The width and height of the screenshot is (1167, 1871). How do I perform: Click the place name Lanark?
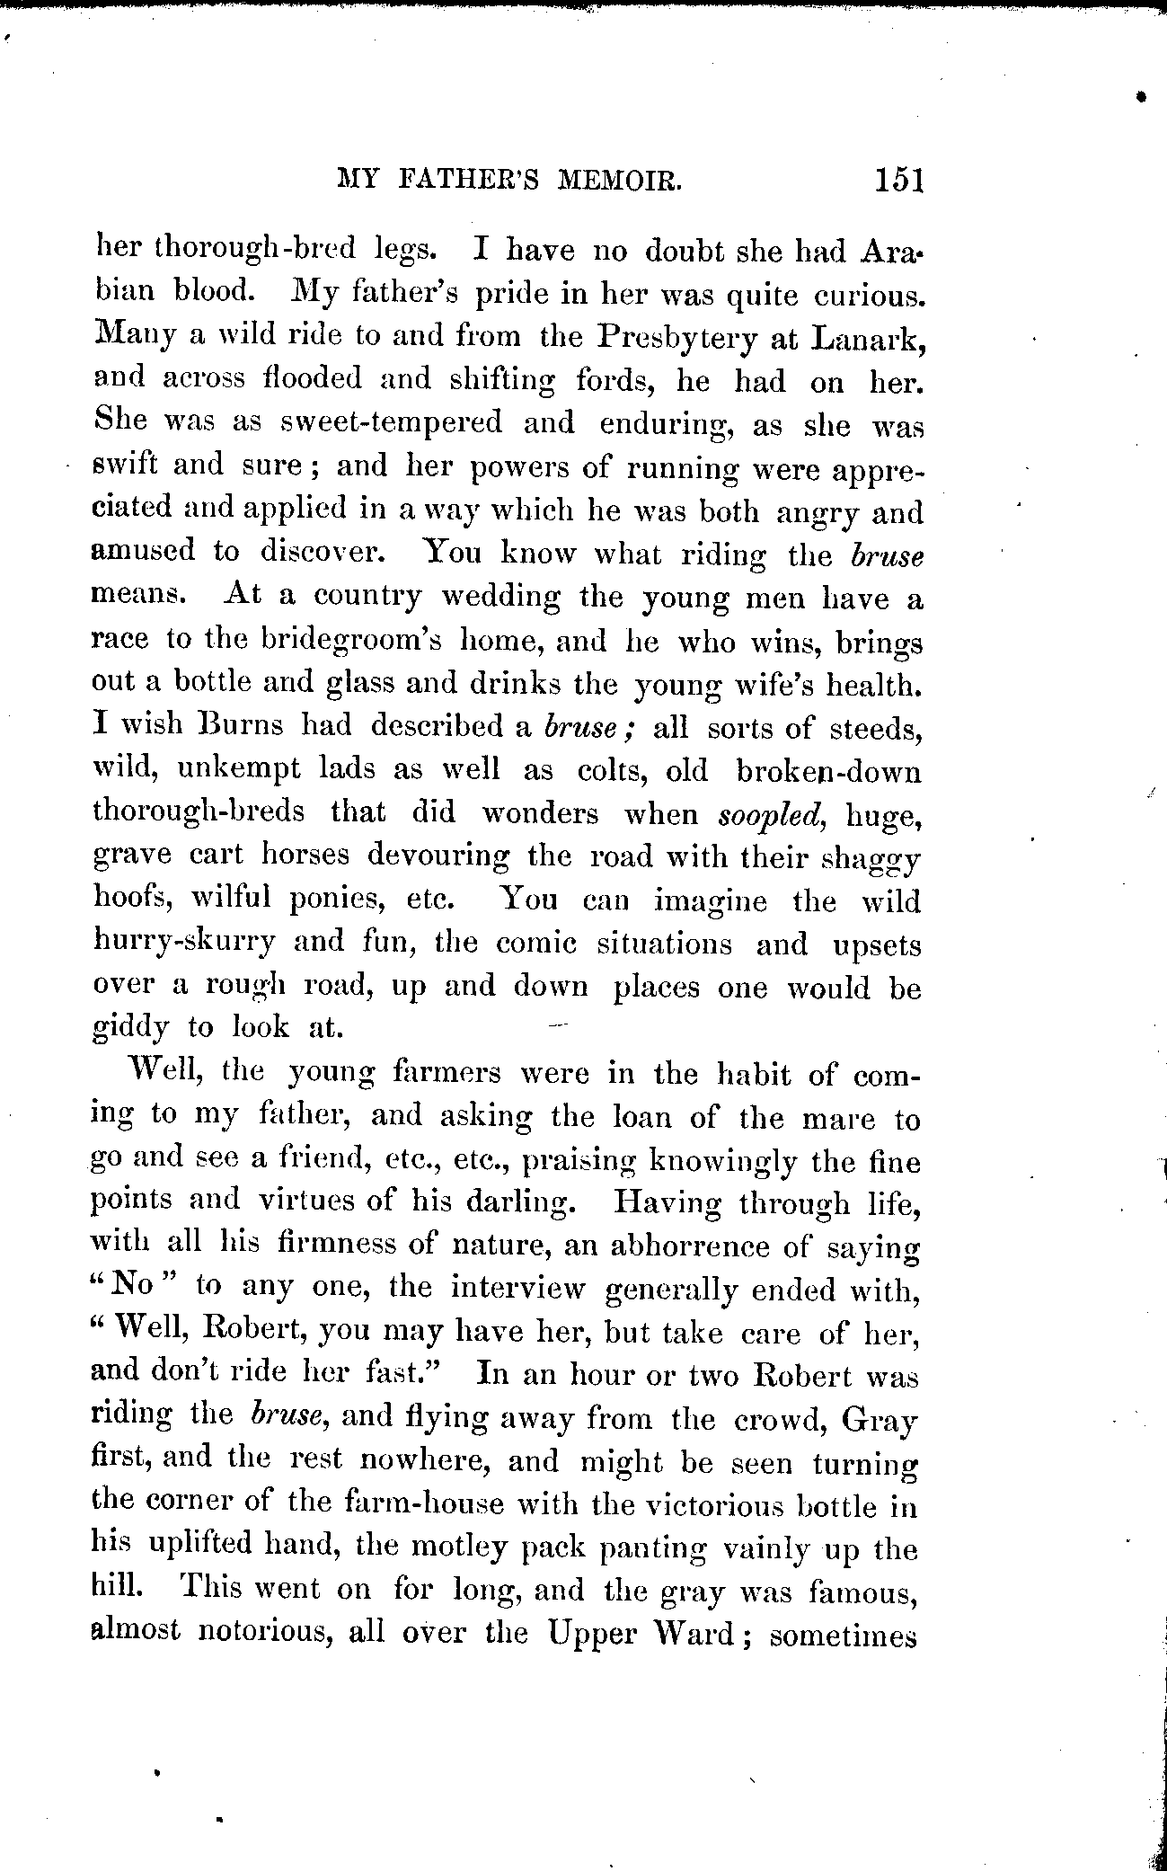(x=865, y=337)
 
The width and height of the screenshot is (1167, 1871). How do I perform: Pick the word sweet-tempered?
(x=392, y=422)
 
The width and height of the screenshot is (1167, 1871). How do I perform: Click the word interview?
(x=517, y=1288)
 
